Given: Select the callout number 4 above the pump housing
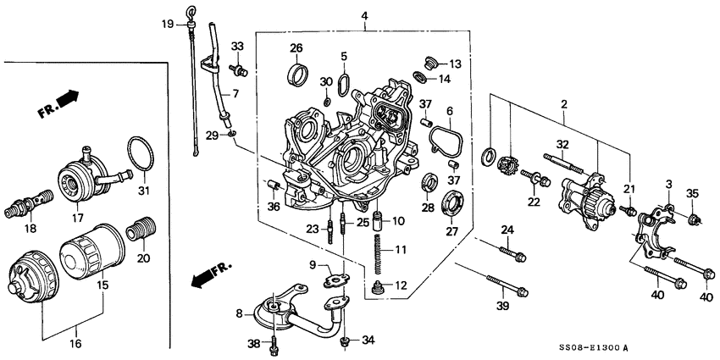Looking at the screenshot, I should click(x=363, y=16).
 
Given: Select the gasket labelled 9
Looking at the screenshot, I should click(x=340, y=278).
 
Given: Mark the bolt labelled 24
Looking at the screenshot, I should click(x=512, y=252).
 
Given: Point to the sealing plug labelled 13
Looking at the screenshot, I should click(x=430, y=64).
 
